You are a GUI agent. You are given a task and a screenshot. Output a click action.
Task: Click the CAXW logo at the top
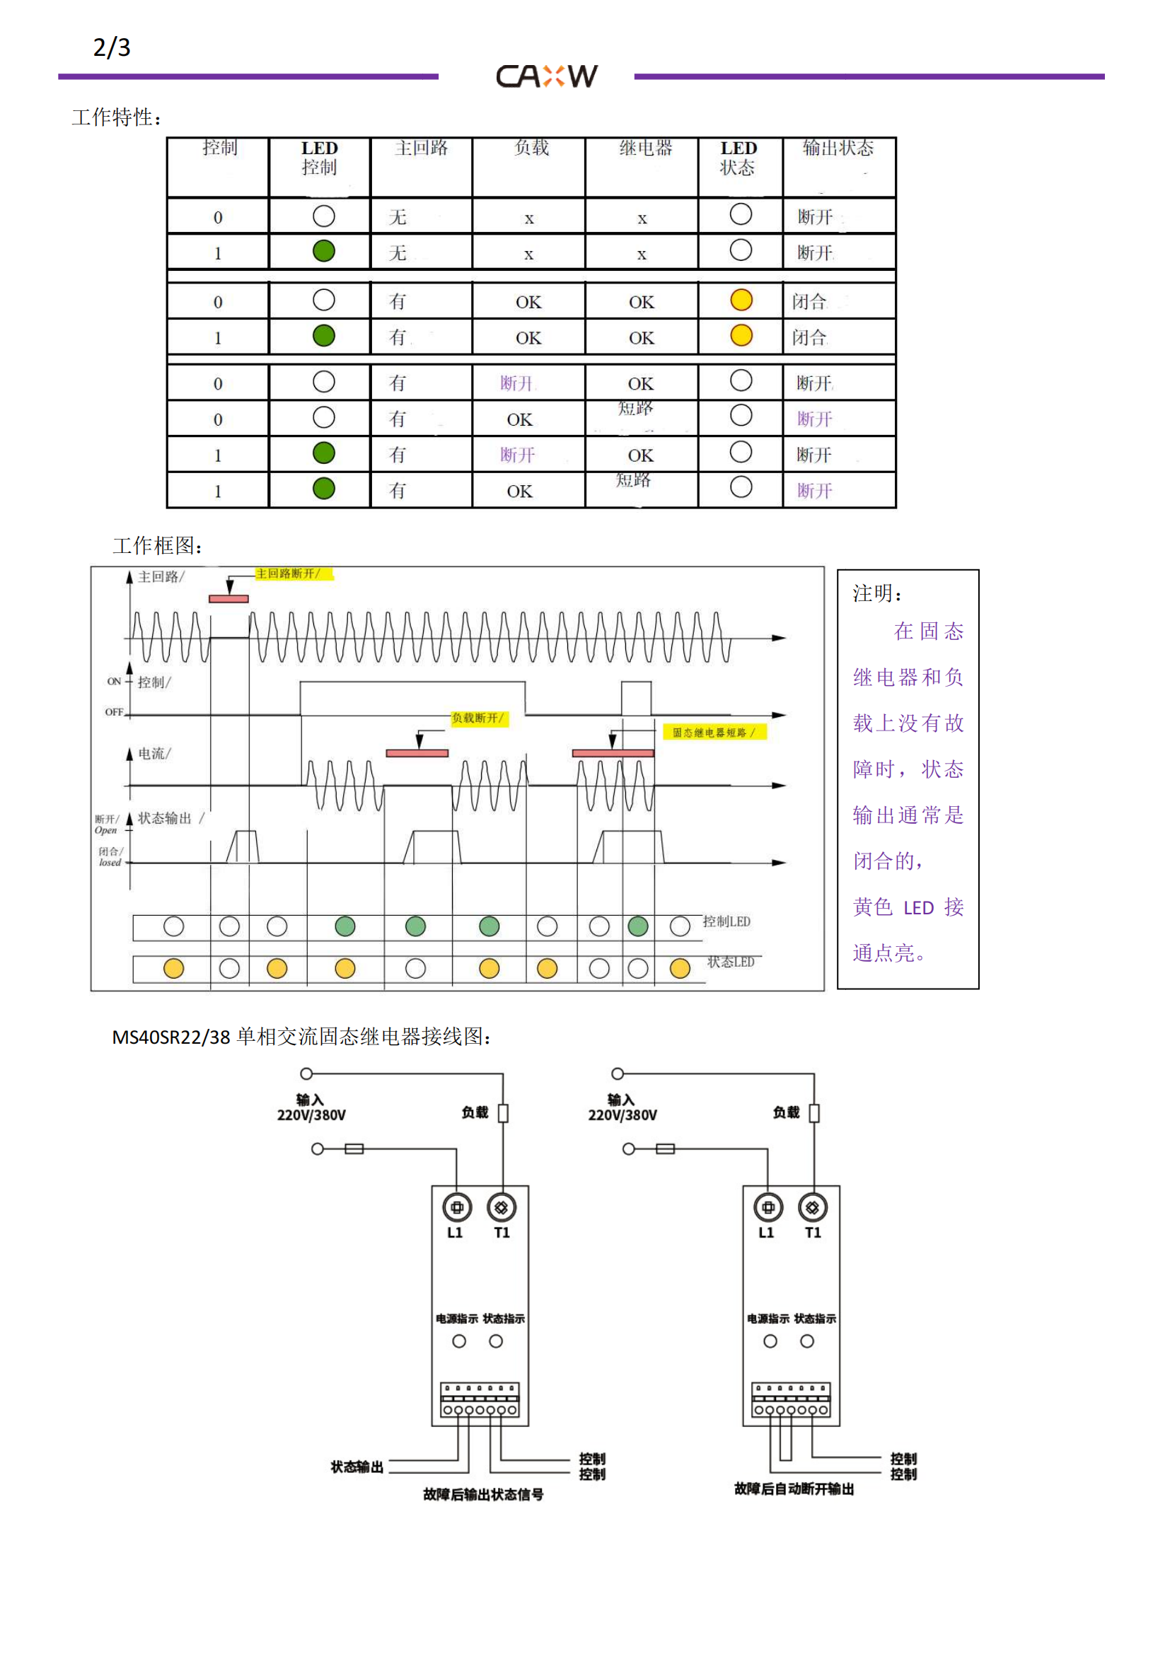(546, 76)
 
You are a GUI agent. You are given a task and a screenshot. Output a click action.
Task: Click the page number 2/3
(112, 47)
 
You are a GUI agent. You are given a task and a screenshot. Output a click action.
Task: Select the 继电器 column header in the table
(645, 148)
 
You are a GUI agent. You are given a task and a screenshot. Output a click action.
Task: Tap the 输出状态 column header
(837, 148)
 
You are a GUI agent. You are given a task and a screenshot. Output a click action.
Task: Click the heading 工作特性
(117, 117)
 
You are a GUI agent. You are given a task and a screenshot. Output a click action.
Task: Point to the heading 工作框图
(157, 545)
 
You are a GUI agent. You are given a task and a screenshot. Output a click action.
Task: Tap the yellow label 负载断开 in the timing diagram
(478, 718)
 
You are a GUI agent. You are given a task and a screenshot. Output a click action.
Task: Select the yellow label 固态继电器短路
(713, 733)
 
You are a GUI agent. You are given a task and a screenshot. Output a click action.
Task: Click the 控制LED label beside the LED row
(726, 921)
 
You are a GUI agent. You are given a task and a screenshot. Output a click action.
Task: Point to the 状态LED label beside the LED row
(731, 962)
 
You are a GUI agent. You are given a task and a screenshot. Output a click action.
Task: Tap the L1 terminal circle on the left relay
(456, 1207)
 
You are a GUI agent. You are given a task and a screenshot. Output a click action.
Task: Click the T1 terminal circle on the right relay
(813, 1207)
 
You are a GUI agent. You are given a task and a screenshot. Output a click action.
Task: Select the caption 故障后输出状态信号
(482, 1494)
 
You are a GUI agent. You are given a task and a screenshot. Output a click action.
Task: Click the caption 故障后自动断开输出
(794, 1489)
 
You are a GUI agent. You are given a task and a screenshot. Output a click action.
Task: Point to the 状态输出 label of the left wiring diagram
(357, 1467)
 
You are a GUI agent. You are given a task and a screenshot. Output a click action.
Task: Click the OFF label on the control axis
(114, 712)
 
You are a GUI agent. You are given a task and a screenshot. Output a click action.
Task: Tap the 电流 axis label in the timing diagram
(154, 754)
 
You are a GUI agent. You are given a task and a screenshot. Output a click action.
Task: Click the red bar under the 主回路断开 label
(228, 599)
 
